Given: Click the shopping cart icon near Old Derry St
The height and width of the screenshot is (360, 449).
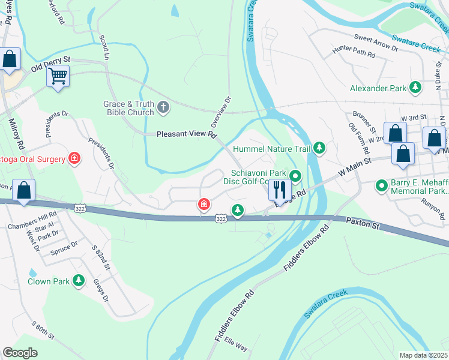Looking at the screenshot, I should click(x=58, y=76).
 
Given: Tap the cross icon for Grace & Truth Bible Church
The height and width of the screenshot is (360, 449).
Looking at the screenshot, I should click(x=163, y=108).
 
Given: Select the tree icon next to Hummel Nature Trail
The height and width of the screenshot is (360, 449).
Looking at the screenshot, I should click(x=320, y=148).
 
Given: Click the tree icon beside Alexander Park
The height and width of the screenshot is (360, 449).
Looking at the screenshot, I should click(x=415, y=88).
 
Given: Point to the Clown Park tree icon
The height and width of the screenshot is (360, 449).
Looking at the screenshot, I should click(x=78, y=281).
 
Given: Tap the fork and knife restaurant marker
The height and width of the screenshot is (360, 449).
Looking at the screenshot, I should click(x=280, y=190).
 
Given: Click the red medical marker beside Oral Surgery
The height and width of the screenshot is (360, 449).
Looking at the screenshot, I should click(x=74, y=158).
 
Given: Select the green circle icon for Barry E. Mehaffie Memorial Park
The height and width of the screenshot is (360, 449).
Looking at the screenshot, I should click(x=381, y=186).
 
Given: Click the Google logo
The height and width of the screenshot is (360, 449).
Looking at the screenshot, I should click(x=20, y=352).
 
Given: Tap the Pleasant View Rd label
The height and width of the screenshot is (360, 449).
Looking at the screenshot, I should click(x=187, y=135).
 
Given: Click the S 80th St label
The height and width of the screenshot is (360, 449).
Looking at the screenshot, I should click(x=44, y=329).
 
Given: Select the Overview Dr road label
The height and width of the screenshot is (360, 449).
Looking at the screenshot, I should click(x=221, y=112).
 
